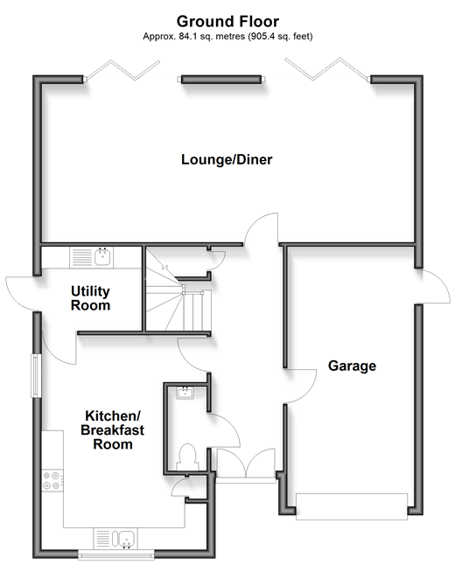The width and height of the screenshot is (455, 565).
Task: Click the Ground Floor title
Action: click(227, 22)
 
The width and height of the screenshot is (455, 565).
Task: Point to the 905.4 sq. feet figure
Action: click(280, 37)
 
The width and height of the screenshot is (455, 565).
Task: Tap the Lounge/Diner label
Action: click(227, 159)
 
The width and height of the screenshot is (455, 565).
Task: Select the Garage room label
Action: click(352, 366)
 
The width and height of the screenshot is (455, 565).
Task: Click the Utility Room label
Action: click(90, 298)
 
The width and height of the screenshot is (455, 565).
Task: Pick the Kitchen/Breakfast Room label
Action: click(113, 430)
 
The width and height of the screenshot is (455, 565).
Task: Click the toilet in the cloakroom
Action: click(187, 457)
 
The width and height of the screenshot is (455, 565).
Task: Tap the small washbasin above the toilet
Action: click(185, 392)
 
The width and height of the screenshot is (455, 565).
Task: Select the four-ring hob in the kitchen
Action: click(52, 481)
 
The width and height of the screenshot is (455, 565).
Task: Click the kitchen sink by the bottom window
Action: click(115, 539)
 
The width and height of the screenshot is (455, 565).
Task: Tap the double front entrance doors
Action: click(246, 463)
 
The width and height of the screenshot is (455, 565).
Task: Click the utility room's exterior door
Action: click(23, 294)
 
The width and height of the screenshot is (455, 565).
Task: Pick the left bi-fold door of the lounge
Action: click(122, 71)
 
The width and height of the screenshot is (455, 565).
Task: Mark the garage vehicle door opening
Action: click(352, 506)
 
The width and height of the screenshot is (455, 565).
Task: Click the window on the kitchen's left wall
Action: click(36, 376)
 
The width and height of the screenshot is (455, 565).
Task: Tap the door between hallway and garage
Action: click(300, 386)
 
